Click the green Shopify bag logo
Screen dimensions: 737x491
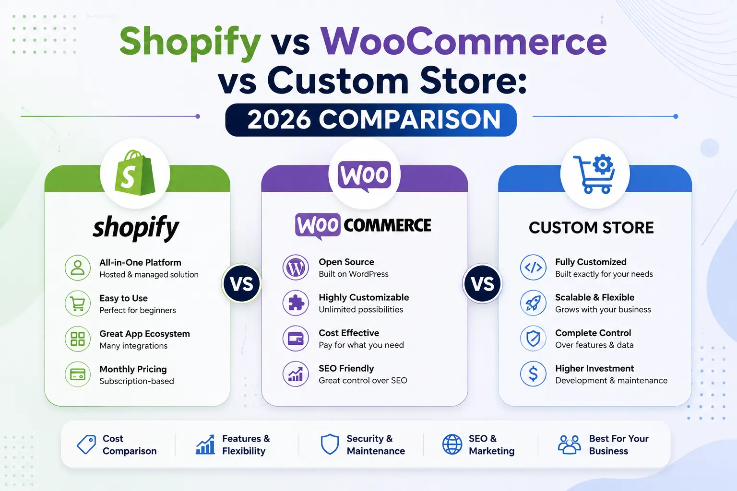[135, 173]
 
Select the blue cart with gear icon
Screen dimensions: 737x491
[594, 174]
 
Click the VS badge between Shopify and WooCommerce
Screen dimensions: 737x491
[242, 283]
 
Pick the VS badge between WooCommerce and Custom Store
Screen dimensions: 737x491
[482, 283]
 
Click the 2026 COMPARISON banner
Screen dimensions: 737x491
[371, 120]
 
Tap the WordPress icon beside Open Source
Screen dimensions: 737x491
[296, 268]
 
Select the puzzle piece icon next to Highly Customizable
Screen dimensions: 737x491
[296, 303]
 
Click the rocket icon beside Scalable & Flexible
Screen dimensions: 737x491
[533, 303]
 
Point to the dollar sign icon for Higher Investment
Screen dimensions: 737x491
[533, 374]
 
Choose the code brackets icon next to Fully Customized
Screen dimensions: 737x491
[533, 268]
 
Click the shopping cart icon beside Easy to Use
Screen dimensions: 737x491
[78, 304]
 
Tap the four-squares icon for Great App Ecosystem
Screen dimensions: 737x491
[78, 339]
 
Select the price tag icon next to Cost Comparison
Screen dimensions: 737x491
[86, 444]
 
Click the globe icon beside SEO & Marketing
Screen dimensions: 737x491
[452, 444]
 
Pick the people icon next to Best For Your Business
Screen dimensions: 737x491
[569, 444]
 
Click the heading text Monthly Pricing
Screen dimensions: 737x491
[133, 369]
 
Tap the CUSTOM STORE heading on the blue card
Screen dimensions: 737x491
[591, 228]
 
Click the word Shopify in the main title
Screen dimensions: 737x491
[190, 43]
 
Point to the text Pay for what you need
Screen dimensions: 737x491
[361, 345]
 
